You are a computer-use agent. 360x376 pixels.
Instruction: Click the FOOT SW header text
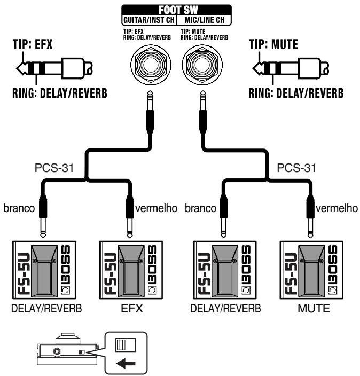178,10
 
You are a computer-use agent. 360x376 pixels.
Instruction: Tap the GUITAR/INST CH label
149,20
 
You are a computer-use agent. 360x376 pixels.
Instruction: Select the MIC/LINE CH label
205,20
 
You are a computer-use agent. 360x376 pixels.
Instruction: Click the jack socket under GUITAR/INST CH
151,65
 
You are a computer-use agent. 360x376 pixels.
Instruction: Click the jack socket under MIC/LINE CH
202,65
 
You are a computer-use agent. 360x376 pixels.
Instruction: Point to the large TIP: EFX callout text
33,44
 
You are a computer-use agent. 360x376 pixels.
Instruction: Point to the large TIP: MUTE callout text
273,44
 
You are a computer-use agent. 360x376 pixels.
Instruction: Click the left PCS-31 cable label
54,168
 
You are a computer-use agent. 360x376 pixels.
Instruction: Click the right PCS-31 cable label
296,168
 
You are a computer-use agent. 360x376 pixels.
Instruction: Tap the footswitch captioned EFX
131,270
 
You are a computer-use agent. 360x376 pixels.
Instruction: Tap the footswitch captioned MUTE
311,270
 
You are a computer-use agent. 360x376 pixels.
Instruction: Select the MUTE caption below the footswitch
314,308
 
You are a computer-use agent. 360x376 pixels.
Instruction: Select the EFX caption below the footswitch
132,308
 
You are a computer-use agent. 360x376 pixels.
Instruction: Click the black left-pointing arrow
126,364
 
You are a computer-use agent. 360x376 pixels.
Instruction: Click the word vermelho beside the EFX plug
156,208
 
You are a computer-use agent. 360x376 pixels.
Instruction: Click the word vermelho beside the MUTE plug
336,208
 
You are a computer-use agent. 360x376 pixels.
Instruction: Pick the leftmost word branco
19,208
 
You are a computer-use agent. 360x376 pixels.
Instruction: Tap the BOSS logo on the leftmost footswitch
66,269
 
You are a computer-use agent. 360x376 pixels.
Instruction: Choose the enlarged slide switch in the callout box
126,345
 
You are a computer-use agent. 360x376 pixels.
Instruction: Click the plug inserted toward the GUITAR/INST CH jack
150,112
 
